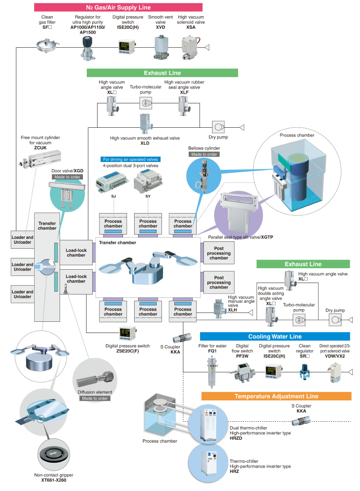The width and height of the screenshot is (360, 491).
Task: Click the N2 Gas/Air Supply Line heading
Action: tap(118, 7)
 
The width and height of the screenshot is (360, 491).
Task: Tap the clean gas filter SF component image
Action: tap(47, 45)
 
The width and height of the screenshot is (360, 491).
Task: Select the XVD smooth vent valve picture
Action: tap(161, 47)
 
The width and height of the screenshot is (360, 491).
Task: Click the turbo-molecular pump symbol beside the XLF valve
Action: tap(146, 103)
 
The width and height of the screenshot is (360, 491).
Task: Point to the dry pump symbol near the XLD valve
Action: tap(219, 127)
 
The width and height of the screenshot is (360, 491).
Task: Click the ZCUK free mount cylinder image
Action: tap(40, 159)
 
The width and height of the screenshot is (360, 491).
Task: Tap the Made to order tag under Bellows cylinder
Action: tap(204, 155)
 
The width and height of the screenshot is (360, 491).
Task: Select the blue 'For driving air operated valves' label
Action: tap(130, 159)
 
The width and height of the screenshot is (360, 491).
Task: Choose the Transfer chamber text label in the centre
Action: tap(118, 243)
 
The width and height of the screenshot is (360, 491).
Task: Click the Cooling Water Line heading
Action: tap(275, 336)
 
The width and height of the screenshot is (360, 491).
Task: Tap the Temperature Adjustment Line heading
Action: tap(277, 396)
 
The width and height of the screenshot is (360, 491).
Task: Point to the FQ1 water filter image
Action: tap(212, 372)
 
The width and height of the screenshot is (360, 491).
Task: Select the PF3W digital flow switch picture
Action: tap(243, 372)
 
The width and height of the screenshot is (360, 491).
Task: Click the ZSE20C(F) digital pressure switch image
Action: tap(127, 333)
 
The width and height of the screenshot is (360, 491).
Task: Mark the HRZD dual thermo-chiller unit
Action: tap(211, 424)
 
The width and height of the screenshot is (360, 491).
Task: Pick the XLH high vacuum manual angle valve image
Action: tap(220, 309)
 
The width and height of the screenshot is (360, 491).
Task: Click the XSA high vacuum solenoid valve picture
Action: tap(191, 47)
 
